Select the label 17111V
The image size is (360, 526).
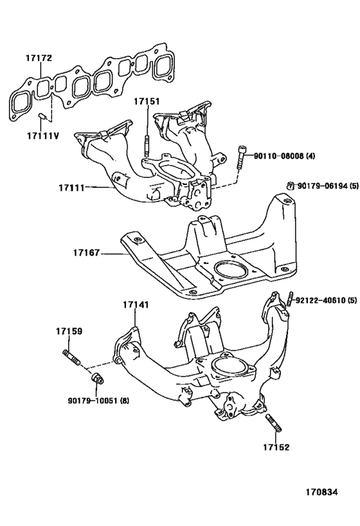click(x=42, y=136)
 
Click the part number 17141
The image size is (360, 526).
click(x=136, y=305)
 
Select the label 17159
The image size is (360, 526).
click(x=68, y=331)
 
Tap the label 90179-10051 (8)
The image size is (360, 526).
click(x=98, y=401)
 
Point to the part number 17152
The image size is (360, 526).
click(x=276, y=447)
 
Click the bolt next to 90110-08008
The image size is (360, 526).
click(x=241, y=157)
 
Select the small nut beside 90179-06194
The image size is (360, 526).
click(x=290, y=186)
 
